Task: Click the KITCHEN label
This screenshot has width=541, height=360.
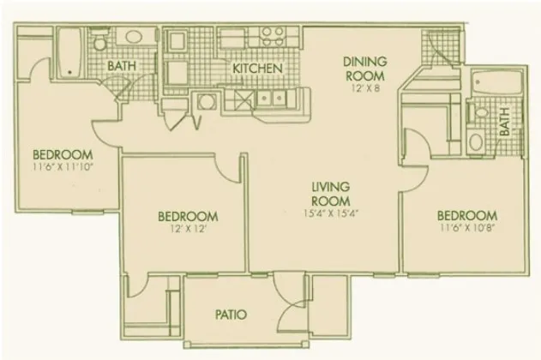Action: pos(257,69)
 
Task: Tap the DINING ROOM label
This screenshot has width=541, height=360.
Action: pos(365,69)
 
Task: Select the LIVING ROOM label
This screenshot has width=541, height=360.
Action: pos(331,194)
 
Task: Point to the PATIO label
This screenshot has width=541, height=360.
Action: pos(231,315)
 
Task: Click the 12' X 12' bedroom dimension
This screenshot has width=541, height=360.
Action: pos(188,229)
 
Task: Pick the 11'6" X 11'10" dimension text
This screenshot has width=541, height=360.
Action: pos(63,167)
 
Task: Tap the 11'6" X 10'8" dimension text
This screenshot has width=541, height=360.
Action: pos(467,228)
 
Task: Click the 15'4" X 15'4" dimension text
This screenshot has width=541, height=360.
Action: pos(331,213)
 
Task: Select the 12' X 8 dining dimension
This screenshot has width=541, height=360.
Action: pos(365,88)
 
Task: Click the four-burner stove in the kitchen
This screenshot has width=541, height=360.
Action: pos(273,37)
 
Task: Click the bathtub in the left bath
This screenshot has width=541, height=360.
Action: pos(69,52)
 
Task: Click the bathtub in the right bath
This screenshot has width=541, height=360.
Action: pos(496,82)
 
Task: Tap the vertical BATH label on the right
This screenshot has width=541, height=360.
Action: pos(504,122)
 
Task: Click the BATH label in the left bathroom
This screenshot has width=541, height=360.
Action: pos(122,66)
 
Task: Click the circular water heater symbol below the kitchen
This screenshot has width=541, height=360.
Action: pos(207,102)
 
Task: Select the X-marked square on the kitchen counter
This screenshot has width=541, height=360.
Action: pos(244,100)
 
